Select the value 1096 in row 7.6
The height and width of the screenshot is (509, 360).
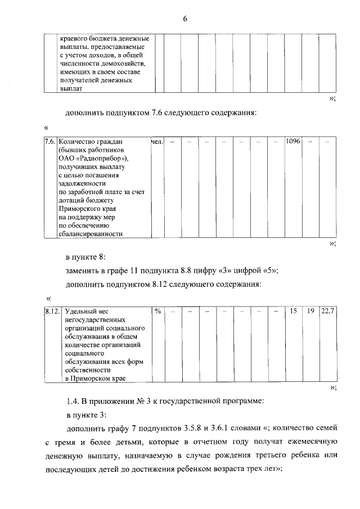click(x=292, y=142)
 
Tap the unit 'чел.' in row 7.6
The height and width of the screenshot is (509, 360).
click(x=157, y=142)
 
